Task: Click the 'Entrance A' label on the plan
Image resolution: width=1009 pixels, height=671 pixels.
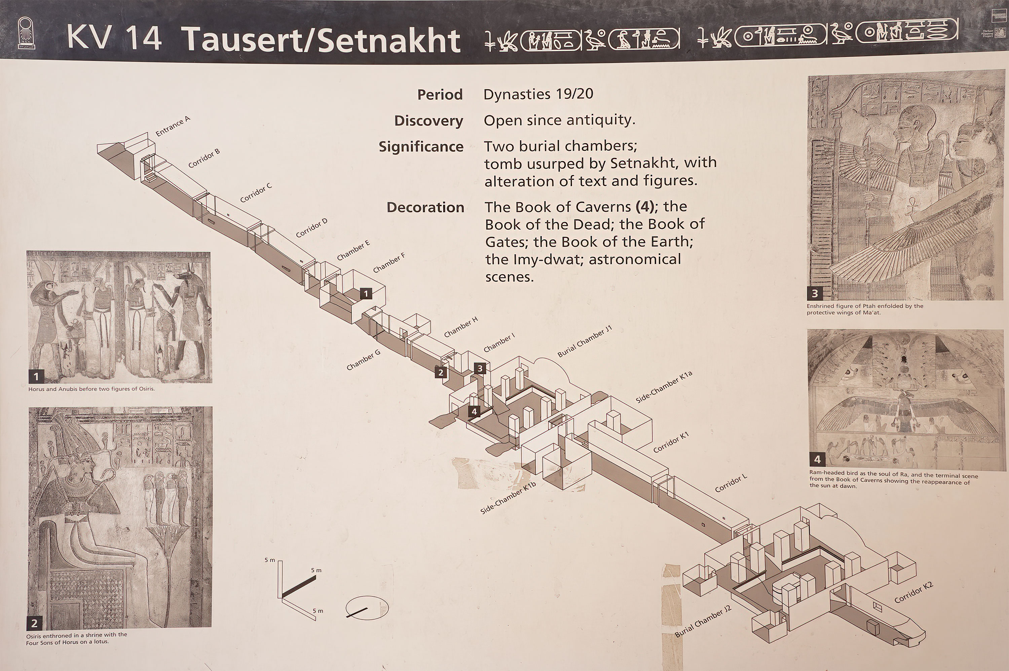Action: (173, 126)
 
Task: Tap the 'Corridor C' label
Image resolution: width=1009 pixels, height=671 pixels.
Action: (256, 193)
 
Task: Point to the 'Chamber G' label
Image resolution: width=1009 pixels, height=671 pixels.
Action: (363, 360)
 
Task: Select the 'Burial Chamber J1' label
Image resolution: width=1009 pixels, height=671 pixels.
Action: (585, 341)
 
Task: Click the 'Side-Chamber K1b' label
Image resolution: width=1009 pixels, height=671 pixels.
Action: (508, 498)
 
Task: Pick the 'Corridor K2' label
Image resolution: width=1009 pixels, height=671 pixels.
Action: (913, 592)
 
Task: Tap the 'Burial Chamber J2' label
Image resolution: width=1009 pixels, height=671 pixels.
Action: (703, 621)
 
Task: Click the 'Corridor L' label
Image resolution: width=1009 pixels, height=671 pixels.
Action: (731, 483)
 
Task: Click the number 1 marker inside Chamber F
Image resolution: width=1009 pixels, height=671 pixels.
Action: (366, 294)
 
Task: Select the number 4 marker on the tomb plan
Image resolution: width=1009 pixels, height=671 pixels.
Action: (474, 412)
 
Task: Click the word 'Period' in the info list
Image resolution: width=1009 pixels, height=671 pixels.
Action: (440, 94)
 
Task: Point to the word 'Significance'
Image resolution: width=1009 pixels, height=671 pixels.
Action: (421, 147)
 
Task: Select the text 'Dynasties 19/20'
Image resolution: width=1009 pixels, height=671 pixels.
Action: (538, 94)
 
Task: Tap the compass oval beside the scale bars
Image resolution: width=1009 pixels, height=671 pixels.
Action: (367, 608)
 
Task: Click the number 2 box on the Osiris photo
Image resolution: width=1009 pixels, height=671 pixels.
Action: (35, 623)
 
